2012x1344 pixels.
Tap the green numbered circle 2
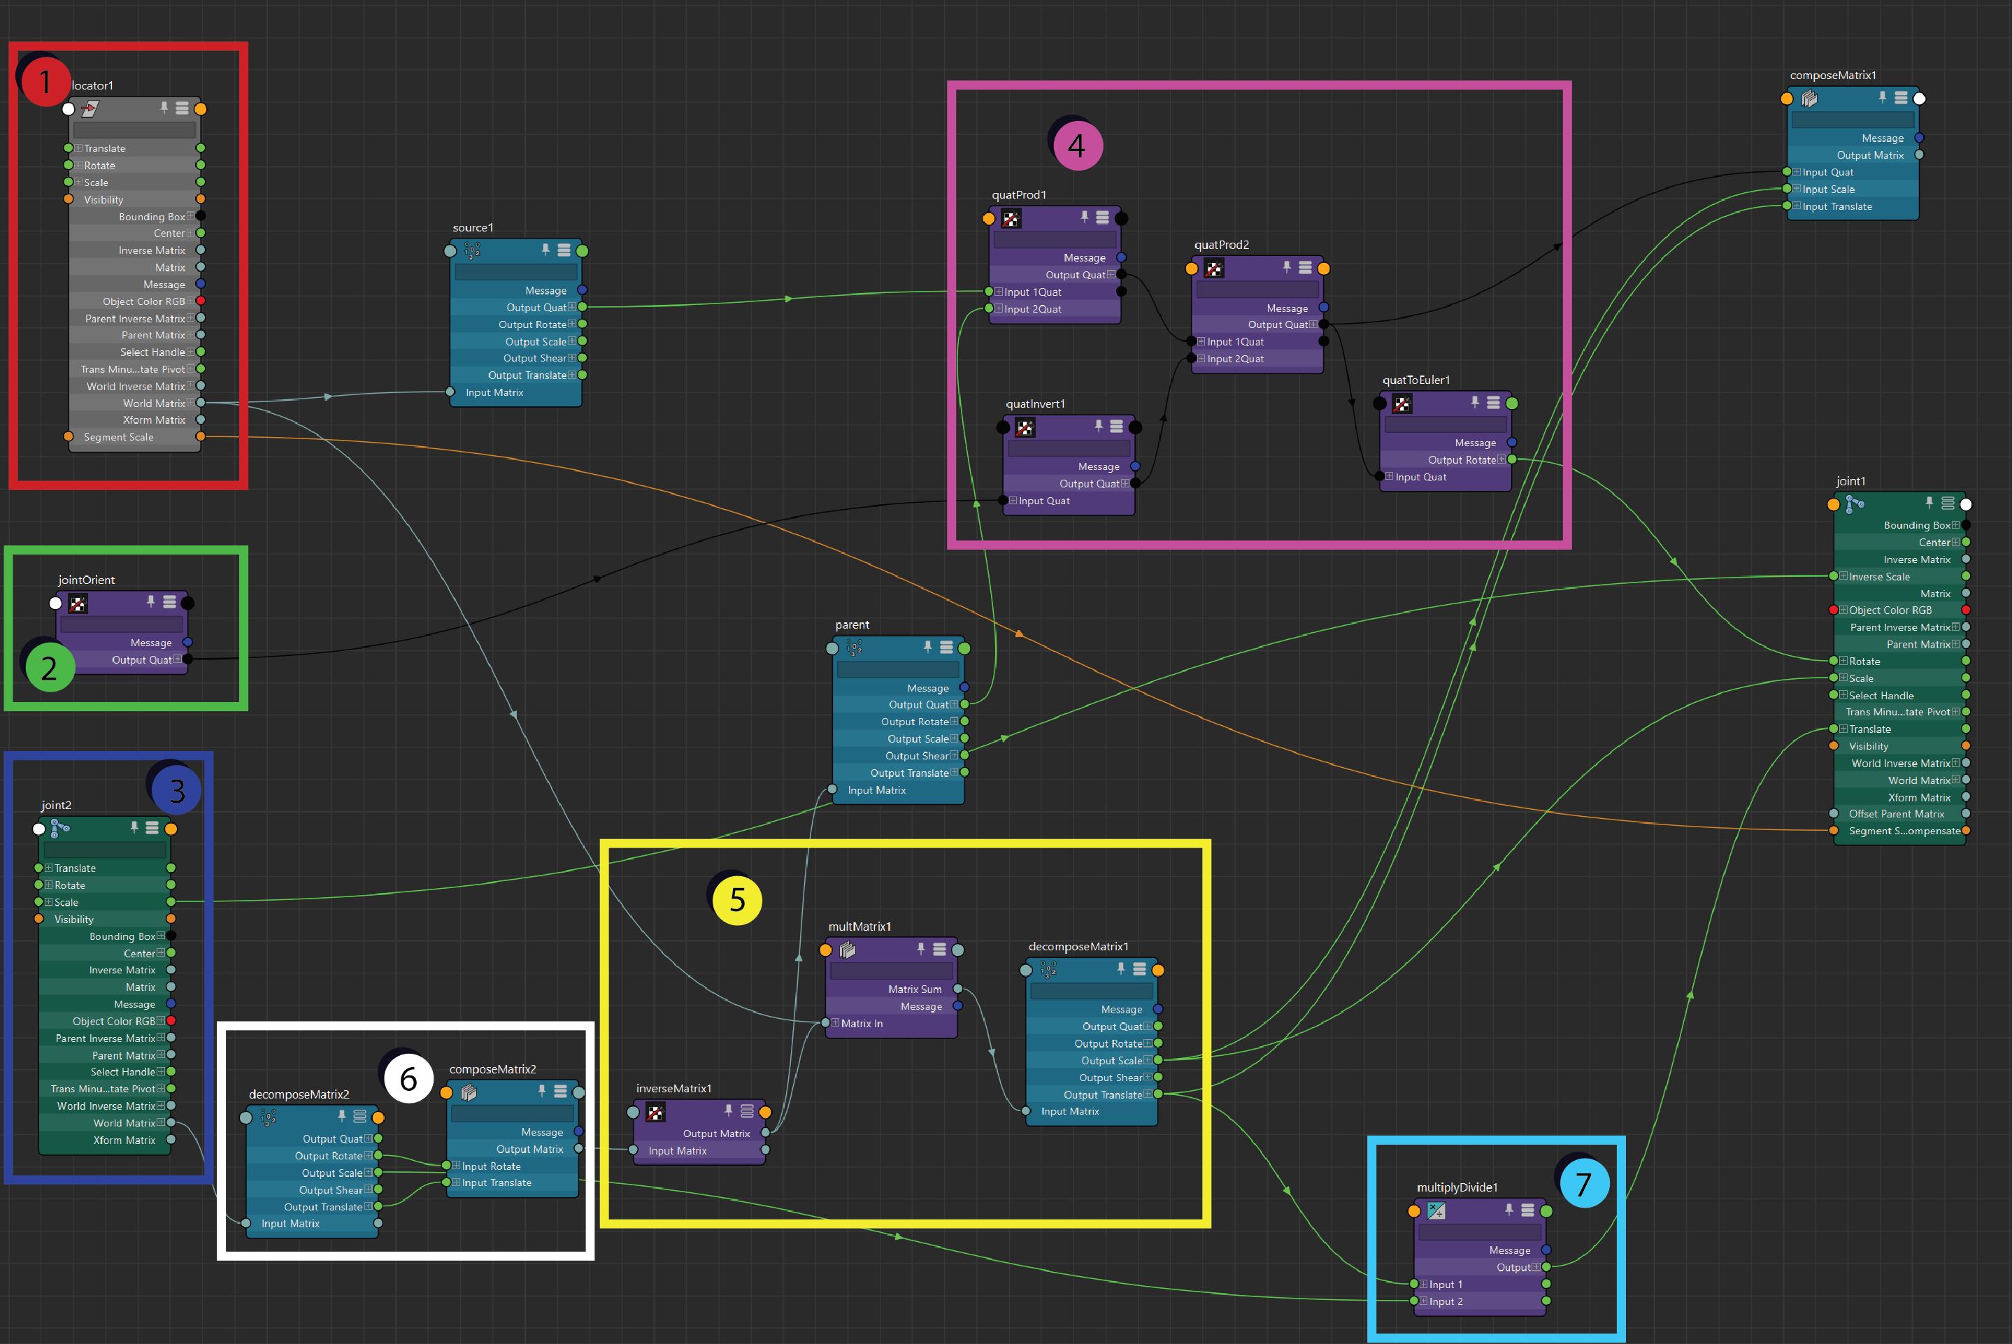click(x=49, y=667)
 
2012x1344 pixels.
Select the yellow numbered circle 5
click(x=737, y=900)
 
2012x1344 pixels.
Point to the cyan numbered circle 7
click(x=1583, y=1184)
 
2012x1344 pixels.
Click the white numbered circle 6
click(x=408, y=1078)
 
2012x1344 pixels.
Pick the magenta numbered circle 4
click(x=1077, y=145)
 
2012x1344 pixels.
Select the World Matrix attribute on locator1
click(x=155, y=403)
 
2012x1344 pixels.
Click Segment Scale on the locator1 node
click(x=118, y=437)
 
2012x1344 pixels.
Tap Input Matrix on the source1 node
click(x=494, y=392)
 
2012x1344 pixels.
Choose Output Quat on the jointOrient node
click(x=141, y=660)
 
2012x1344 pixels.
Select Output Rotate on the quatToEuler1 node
click(x=1462, y=460)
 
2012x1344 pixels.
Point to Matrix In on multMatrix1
click(x=861, y=1024)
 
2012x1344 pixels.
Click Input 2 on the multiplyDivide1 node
click(x=1446, y=1301)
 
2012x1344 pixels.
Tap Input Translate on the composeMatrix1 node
click(x=1837, y=206)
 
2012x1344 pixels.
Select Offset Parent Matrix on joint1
click(x=1897, y=814)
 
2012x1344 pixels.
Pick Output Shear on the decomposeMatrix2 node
click(x=329, y=1189)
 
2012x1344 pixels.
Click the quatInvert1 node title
click(x=1035, y=403)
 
